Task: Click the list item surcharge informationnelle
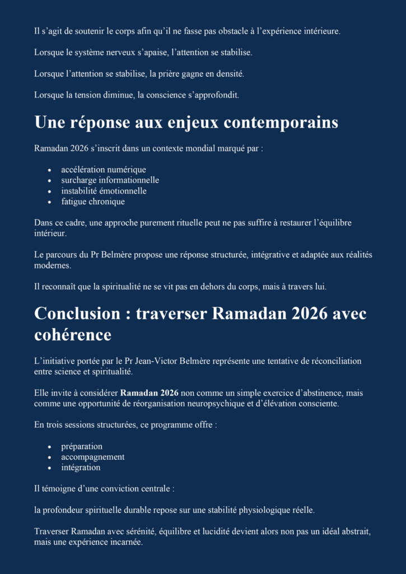pyautogui.click(x=110, y=180)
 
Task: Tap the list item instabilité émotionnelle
pyautogui.click(x=104, y=191)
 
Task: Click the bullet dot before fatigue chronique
pyautogui.click(x=50, y=202)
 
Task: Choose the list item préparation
pyautogui.click(x=82, y=446)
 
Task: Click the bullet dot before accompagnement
pyautogui.click(x=50, y=457)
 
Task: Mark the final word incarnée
pyautogui.click(x=127, y=543)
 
